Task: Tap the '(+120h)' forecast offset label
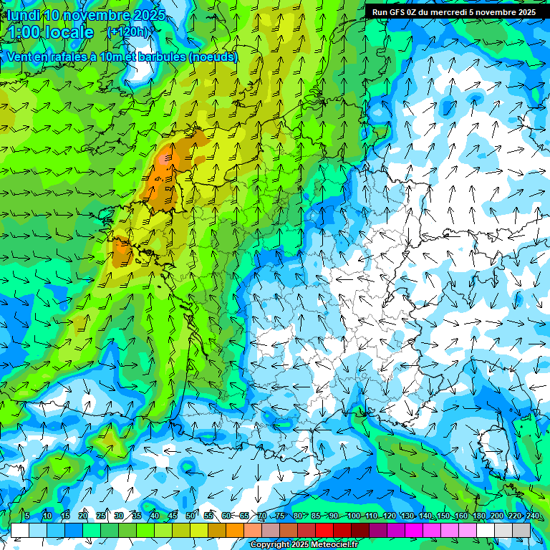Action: tap(128, 32)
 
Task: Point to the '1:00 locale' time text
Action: tap(51, 32)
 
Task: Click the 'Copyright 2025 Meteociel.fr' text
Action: tap(304, 545)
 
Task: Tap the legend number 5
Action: tap(27, 516)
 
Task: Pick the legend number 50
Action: tap(190, 516)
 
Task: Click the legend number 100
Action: tap(353, 516)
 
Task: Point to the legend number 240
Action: tap(532, 516)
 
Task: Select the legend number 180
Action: tap(478, 516)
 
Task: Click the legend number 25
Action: tap(100, 516)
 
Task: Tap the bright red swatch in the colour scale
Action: tap(324, 530)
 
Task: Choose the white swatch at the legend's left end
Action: tap(20, 530)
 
